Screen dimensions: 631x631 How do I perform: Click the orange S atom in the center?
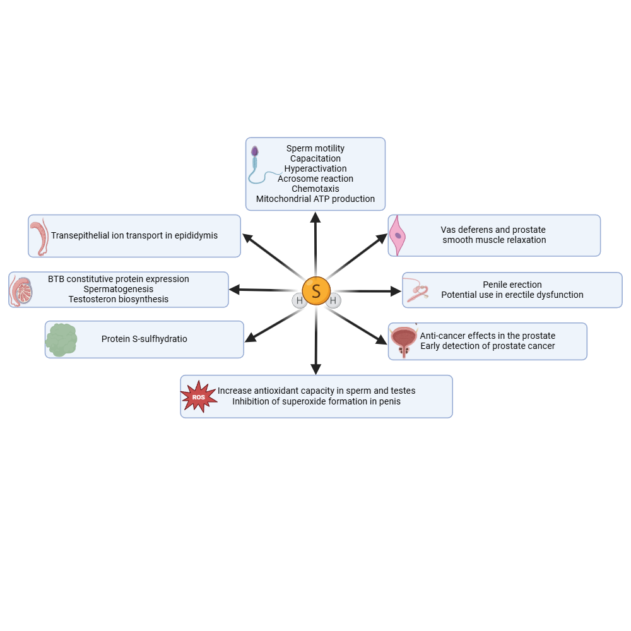coord(316,291)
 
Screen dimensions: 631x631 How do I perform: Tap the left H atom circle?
coord(299,301)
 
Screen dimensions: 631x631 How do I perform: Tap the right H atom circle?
coord(333,301)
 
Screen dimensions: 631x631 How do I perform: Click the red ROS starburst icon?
coord(199,397)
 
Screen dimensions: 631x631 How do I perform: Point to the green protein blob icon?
coord(61,339)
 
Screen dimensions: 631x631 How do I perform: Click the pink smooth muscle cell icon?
coord(398,235)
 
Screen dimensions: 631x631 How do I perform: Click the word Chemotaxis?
coord(315,189)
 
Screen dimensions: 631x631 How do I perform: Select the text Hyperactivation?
coord(315,168)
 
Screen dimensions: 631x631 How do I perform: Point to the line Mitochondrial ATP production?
coord(315,199)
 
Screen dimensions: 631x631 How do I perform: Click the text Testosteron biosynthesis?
coord(119,299)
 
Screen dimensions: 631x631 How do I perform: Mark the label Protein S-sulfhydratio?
coord(144,339)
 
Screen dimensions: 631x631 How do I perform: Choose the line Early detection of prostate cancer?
coord(487,346)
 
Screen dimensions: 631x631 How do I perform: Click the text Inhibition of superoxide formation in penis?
coord(316,401)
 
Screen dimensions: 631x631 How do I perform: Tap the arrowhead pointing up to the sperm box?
coord(315,218)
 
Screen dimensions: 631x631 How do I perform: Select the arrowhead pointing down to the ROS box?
coord(316,369)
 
